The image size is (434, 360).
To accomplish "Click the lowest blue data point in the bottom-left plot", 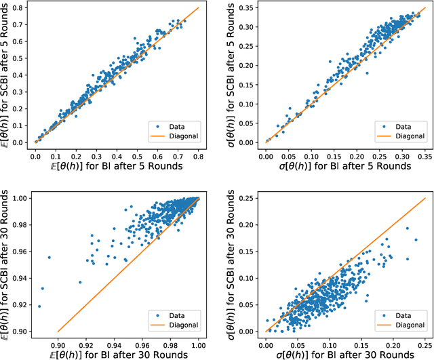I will [39, 306].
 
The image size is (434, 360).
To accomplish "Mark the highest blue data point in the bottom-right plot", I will [407, 228].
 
